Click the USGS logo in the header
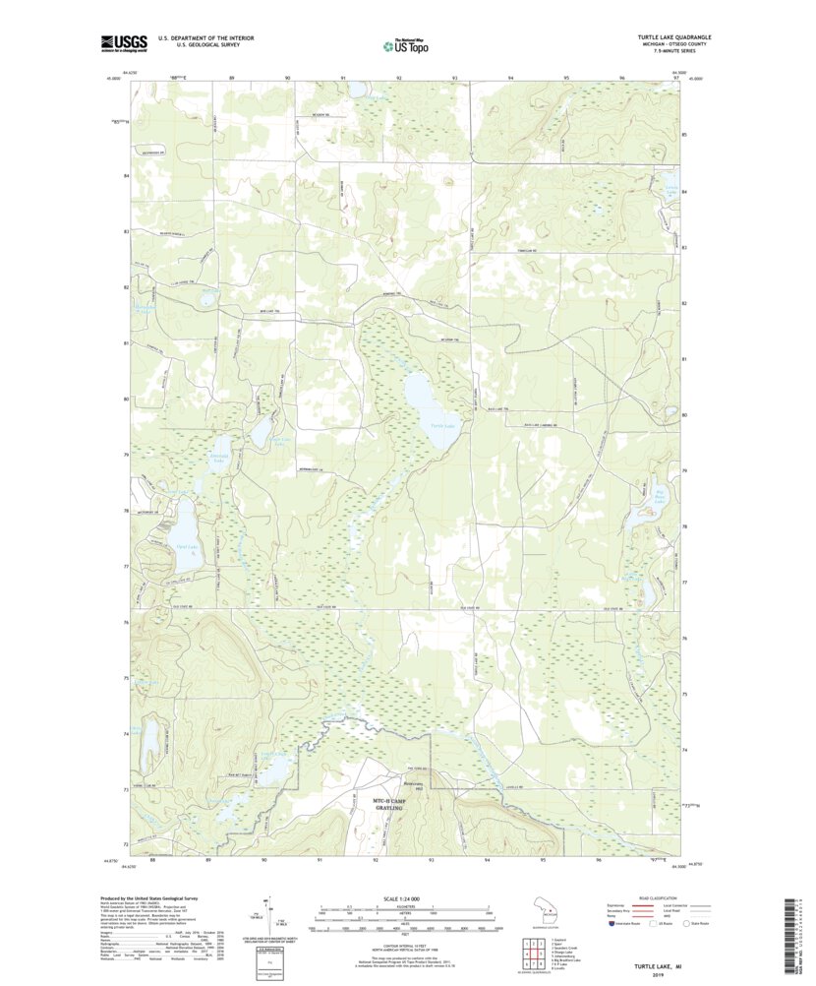pyautogui.click(x=124, y=42)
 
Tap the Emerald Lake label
pyautogui.click(x=216, y=456)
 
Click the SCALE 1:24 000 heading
pyautogui.click(x=406, y=899)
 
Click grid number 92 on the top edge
pyautogui.click(x=399, y=77)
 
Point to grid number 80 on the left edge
pyautogui.click(x=126, y=400)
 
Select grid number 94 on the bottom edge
pyautogui.click(x=488, y=859)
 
